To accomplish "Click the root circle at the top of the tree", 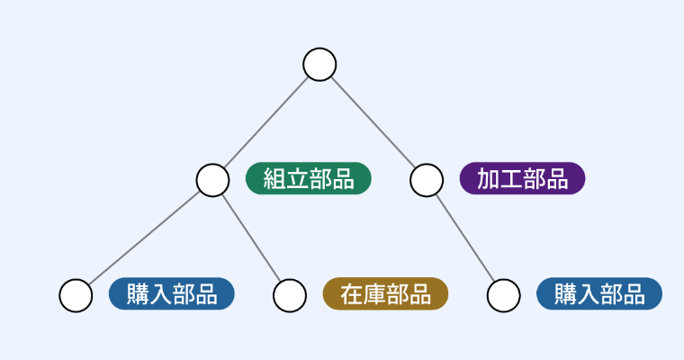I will pos(319,65).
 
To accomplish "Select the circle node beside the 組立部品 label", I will pos(212,179).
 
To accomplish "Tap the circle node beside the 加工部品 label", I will pos(427,179).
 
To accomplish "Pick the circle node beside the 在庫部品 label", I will pos(290,294).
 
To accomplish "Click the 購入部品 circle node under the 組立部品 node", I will pos(76,294).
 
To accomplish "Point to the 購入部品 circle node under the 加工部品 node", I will pos(504,294).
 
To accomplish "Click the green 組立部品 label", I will pos(309,178).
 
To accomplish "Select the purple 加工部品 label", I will pos(522,178).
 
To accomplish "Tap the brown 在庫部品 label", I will pos(385,293).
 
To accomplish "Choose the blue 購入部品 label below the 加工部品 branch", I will pos(598,293).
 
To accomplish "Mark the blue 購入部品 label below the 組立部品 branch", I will pos(171,293).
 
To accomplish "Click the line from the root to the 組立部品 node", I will pos(266,121).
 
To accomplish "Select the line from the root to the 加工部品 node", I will pos(373,121).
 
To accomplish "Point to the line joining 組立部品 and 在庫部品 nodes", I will pos(251,237).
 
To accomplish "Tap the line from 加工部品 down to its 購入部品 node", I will pos(465,237).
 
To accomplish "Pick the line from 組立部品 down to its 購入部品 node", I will pos(144,237).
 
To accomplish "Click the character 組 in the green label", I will pos(274,178).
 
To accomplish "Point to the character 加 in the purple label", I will pos(489,178).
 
